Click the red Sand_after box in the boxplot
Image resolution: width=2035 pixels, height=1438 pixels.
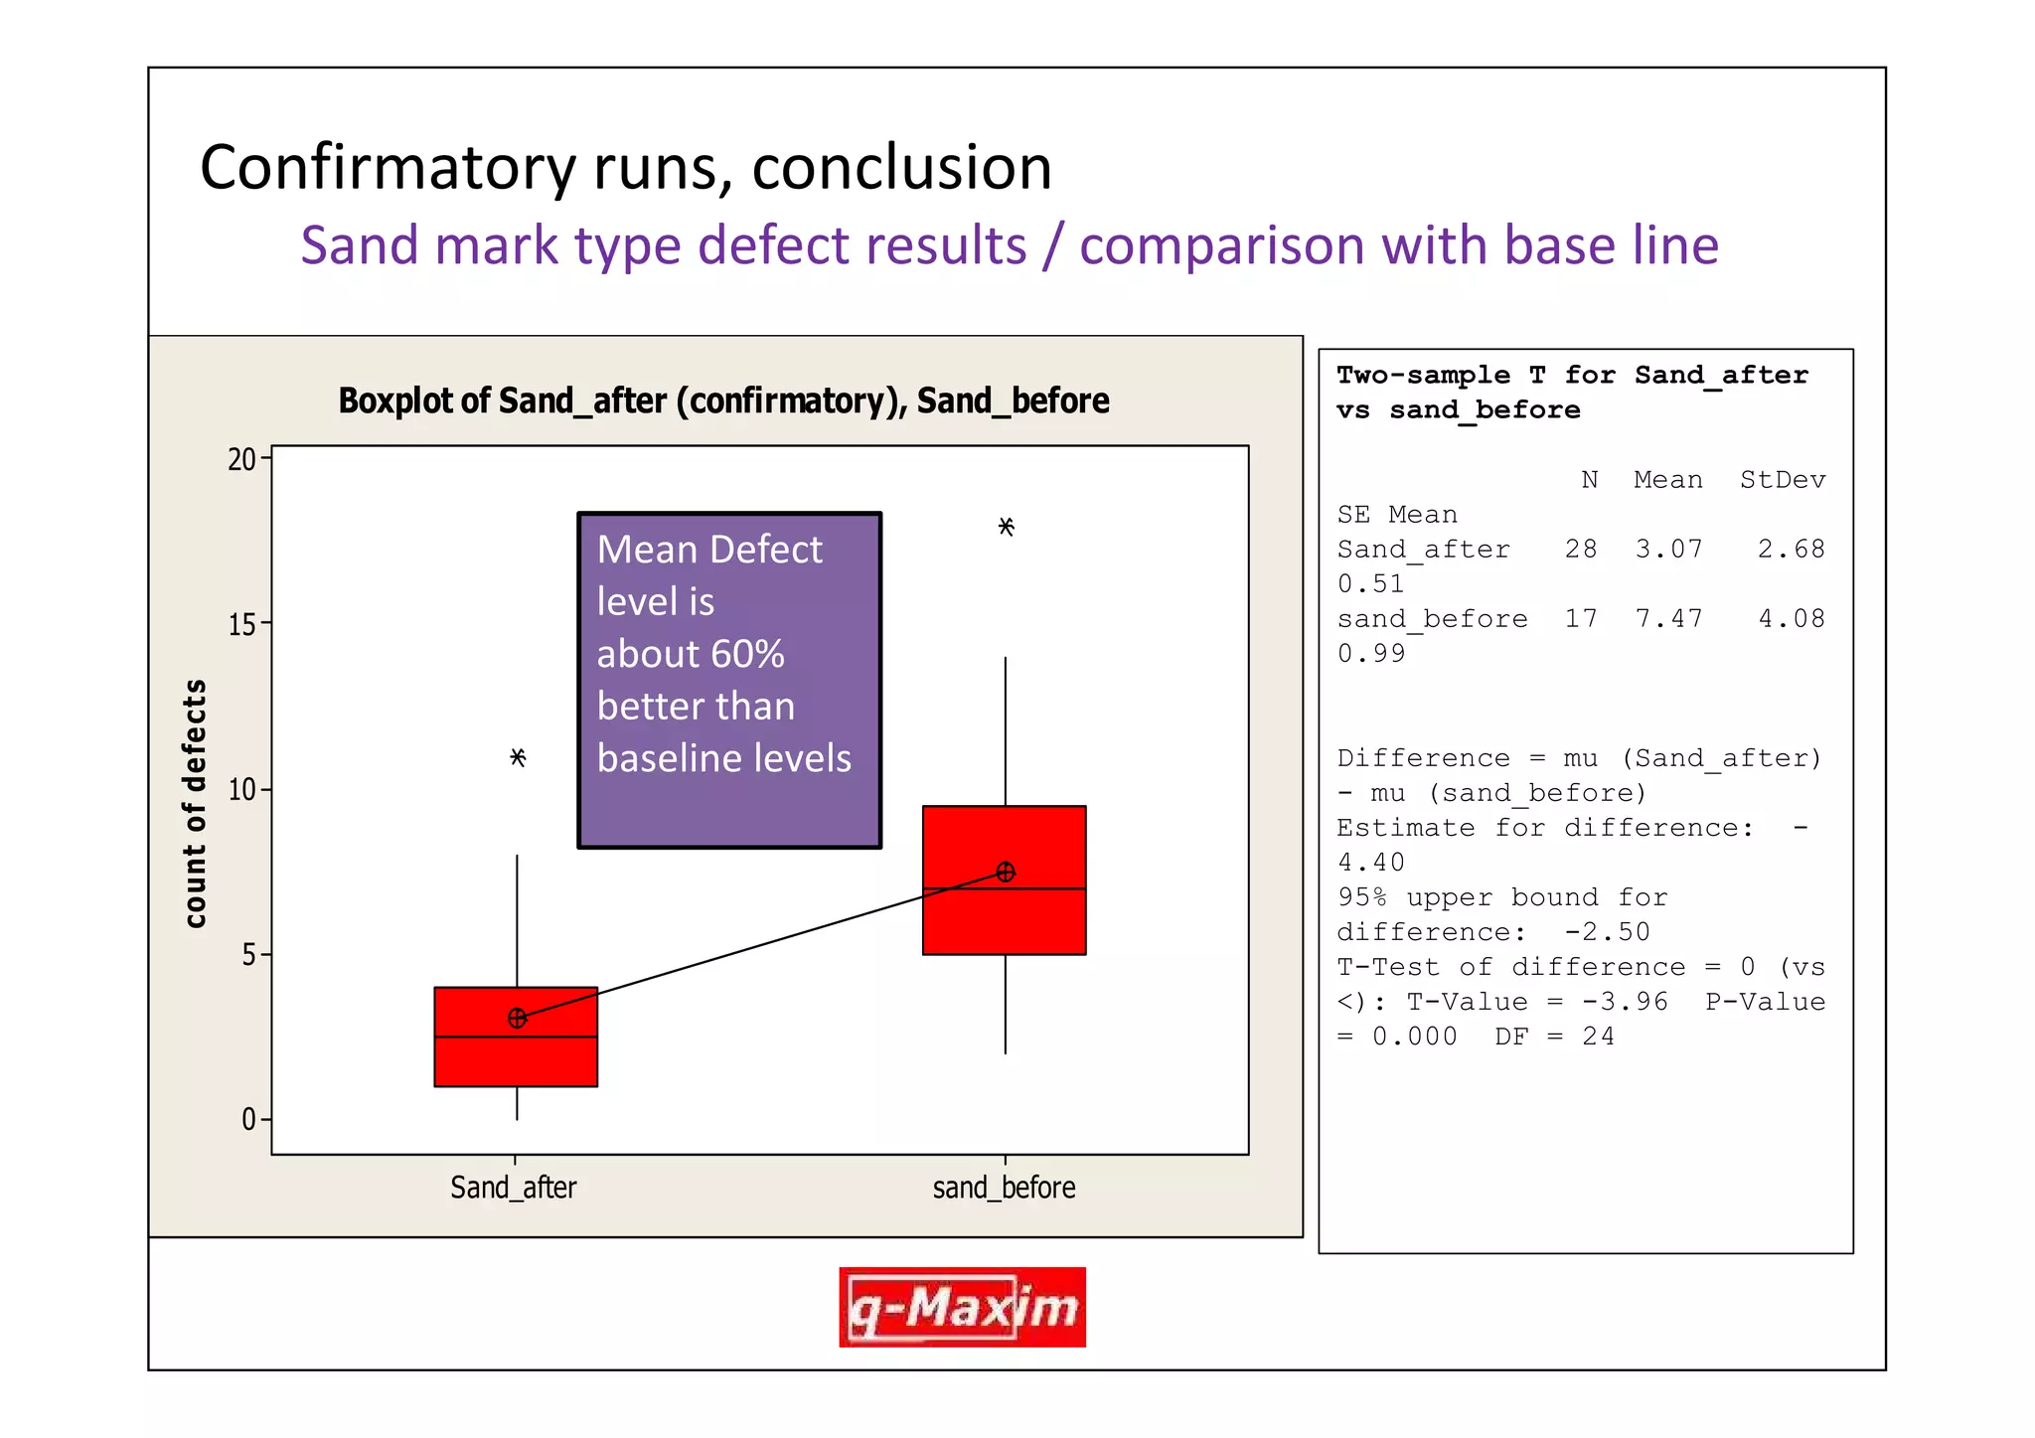(516, 1059)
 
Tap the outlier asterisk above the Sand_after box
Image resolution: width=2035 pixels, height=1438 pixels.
(518, 758)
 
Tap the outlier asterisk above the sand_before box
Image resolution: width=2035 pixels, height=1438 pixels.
(1006, 527)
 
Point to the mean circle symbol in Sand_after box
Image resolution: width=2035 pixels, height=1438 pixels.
(517, 1019)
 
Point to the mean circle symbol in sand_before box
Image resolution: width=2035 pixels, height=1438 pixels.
(1006, 873)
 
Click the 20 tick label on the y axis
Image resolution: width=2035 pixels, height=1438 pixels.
(241, 460)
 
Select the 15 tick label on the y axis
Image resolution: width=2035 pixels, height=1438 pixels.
(241, 625)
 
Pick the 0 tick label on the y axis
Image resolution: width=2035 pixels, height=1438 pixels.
(248, 1120)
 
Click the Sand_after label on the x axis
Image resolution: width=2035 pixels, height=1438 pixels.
(514, 1188)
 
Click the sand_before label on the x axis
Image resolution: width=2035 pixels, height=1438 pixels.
(1004, 1188)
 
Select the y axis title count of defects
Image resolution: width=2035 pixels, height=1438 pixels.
(196, 803)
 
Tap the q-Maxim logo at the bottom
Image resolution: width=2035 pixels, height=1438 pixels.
(962, 1308)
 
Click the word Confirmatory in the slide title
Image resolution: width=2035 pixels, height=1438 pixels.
(389, 167)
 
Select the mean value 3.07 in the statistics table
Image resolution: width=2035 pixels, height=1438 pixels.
(1668, 550)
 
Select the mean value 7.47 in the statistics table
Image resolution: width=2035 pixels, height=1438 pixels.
(1668, 619)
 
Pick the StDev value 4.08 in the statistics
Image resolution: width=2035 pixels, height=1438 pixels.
(1792, 619)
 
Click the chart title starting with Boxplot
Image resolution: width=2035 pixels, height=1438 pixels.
(723, 400)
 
